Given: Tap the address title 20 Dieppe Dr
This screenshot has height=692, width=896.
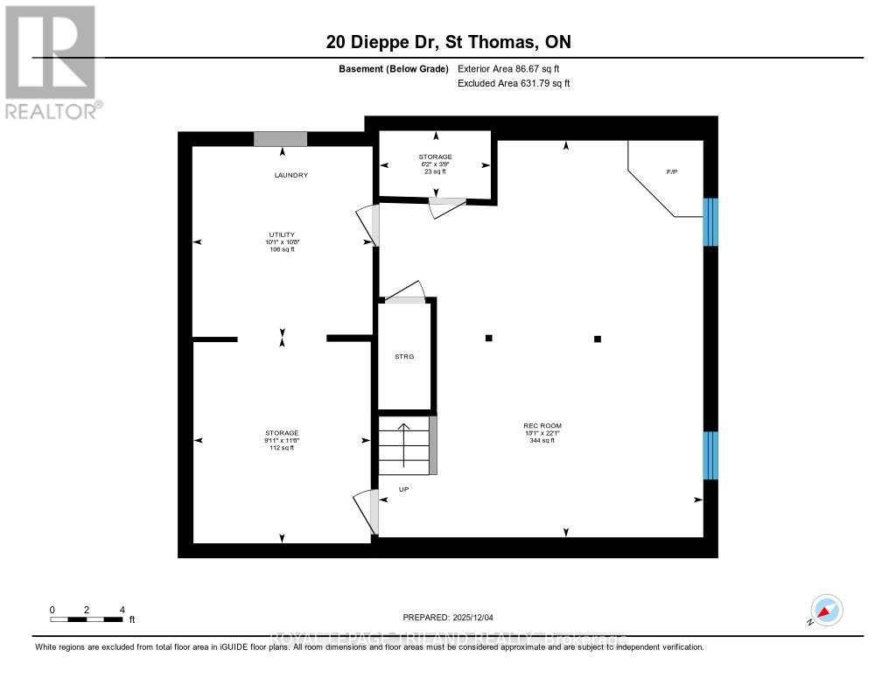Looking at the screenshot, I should point(447,42).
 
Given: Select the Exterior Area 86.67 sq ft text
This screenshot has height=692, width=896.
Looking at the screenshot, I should point(514,68).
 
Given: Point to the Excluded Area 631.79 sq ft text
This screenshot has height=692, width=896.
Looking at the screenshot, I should point(514,84).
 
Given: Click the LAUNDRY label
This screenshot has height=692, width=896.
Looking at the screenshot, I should point(291,175).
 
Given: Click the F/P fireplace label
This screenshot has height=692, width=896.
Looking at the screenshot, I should point(672,171).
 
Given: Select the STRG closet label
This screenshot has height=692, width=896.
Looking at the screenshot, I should point(404,357).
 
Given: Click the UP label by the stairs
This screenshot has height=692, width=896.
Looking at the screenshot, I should point(403,489).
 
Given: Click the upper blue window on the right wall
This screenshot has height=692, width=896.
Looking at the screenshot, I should point(710,221).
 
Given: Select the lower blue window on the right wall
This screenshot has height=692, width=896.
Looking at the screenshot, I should point(710,455).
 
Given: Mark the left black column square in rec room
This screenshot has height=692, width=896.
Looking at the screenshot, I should point(489,339).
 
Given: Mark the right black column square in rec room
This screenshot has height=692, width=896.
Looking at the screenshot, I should point(598,339).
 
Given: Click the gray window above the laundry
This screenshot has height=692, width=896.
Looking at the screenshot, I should point(280,138).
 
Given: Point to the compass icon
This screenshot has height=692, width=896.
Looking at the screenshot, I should point(825,611).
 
